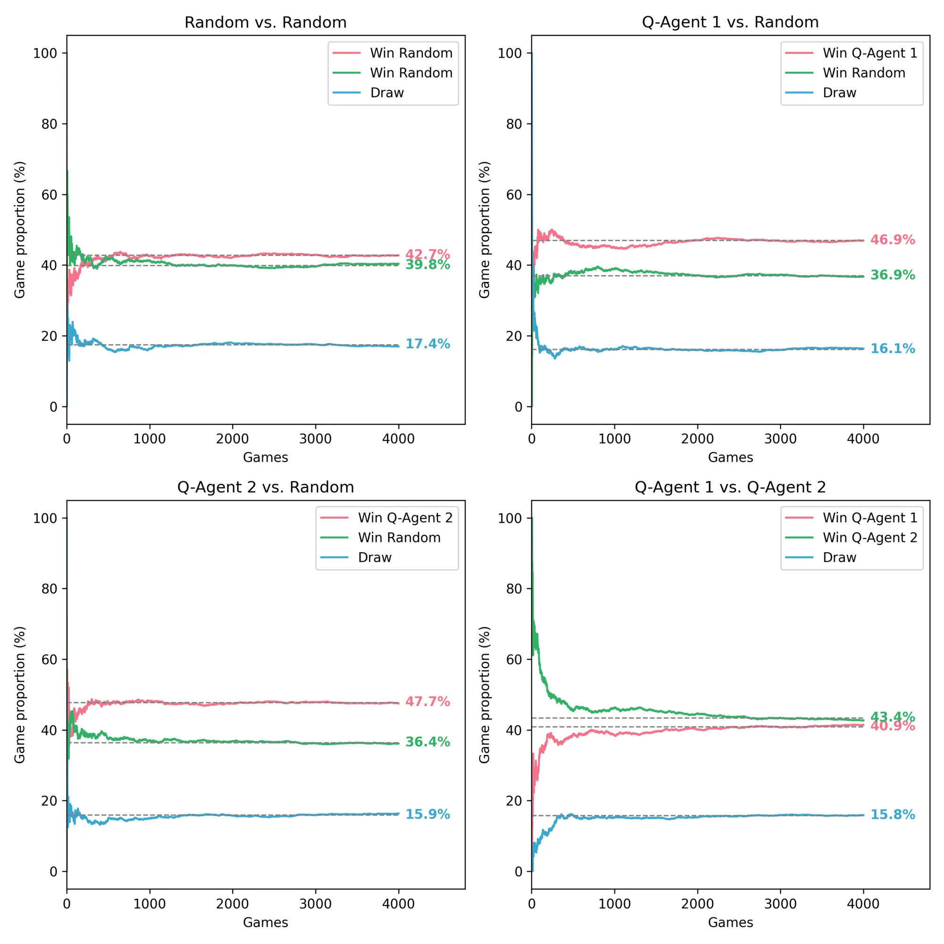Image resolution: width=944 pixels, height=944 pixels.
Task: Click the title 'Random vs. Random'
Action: pyautogui.click(x=265, y=23)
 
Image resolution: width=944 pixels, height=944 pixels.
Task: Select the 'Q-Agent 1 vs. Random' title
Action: pyautogui.click(x=730, y=23)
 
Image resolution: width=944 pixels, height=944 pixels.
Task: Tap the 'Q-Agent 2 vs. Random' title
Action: pyautogui.click(x=265, y=488)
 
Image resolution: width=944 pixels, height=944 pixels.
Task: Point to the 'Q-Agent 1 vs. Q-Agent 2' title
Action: pyautogui.click(x=730, y=488)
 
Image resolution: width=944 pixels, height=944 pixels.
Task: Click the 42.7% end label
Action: pyautogui.click(x=428, y=254)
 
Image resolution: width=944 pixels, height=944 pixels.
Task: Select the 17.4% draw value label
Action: pyautogui.click(x=428, y=344)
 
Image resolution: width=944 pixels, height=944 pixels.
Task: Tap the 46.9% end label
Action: pyautogui.click(x=892, y=240)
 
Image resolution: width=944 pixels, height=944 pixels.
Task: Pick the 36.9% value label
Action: pyautogui.click(x=892, y=275)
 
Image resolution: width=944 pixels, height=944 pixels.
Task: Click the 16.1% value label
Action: pyautogui.click(x=892, y=349)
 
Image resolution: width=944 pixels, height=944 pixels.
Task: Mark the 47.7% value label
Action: pyautogui.click(x=428, y=702)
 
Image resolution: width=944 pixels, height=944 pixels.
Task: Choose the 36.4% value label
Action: pyautogui.click(x=428, y=742)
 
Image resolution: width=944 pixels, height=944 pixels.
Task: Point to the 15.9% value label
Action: pyautogui.click(x=428, y=814)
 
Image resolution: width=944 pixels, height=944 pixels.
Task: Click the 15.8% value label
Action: pyautogui.click(x=892, y=815)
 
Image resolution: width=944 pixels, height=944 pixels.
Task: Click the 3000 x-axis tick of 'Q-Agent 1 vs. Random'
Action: pyautogui.click(x=780, y=439)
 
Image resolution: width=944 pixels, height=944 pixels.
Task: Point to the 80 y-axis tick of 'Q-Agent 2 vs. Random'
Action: pyautogui.click(x=50, y=589)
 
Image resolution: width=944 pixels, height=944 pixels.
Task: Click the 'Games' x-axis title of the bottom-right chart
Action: pyautogui.click(x=731, y=922)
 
